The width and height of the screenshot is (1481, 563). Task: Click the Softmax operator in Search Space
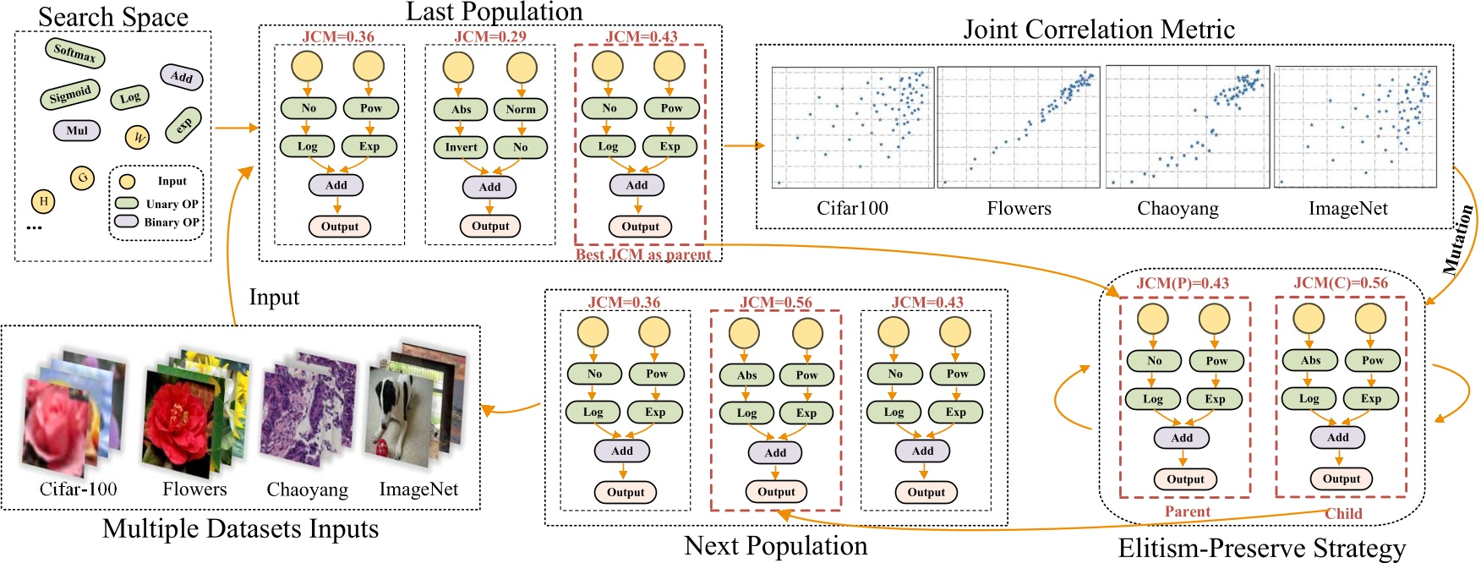click(74, 53)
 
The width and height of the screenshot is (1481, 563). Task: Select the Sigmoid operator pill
click(70, 95)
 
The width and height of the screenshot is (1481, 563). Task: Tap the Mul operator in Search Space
click(77, 130)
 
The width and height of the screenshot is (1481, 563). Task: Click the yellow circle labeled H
click(43, 201)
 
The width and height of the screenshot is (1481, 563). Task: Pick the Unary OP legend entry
click(157, 203)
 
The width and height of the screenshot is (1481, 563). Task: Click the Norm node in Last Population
click(521, 109)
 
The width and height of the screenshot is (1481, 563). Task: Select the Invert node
click(461, 147)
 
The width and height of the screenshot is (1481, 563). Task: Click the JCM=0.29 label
click(490, 36)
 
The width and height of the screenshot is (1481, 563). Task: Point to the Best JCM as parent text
click(643, 254)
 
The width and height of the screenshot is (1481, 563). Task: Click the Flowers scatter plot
click(1019, 127)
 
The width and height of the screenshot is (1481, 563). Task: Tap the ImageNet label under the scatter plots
click(1347, 209)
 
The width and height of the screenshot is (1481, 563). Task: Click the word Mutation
click(1457, 239)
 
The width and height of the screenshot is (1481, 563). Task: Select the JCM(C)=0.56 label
click(1341, 283)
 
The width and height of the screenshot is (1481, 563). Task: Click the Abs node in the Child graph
click(1310, 360)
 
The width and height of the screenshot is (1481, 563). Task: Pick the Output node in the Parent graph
click(1185, 479)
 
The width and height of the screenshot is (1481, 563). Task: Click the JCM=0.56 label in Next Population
click(775, 302)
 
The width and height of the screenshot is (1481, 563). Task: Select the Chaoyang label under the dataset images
click(307, 490)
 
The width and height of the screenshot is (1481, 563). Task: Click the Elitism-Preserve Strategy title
click(1261, 549)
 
